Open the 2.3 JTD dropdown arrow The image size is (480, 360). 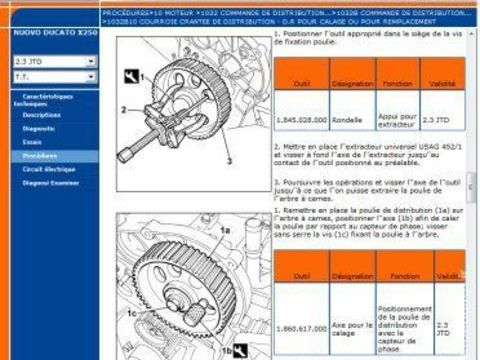91,61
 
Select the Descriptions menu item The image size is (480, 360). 42,115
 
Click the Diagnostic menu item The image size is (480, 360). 41,128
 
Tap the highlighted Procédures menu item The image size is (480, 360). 41,156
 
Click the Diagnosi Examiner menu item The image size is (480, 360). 49,183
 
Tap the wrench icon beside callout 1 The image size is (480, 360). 128,75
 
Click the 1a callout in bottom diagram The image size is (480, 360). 226,229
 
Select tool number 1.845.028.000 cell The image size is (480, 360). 301,119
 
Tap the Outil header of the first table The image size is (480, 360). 301,84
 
